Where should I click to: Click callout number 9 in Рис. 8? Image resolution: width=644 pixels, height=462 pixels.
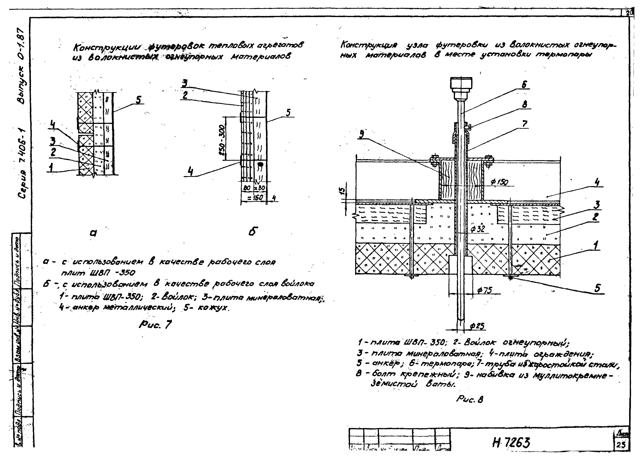tap(361, 134)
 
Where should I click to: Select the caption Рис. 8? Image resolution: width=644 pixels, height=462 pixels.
tap(469, 400)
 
